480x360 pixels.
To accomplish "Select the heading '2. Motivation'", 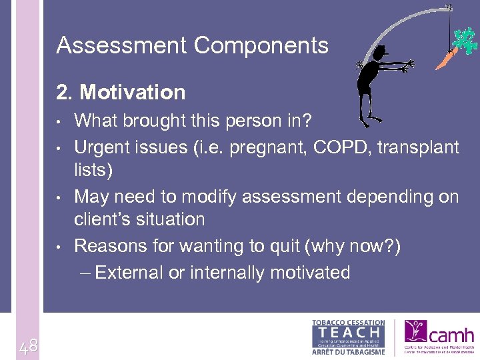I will coord(121,91).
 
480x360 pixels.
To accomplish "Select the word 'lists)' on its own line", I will coord(93,169).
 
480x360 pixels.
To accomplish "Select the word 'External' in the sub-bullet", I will coord(138,273).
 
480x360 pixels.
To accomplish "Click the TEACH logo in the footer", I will coord(349,337).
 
